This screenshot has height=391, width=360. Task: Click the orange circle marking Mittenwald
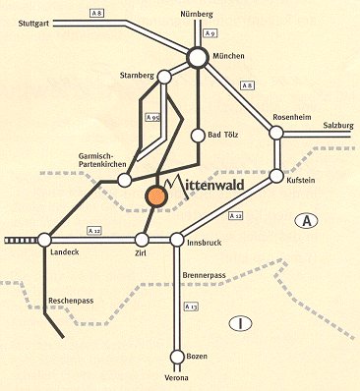point(157,195)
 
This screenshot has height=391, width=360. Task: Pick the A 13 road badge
point(193,307)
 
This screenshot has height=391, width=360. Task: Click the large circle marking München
point(198,58)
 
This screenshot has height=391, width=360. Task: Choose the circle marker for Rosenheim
point(277,133)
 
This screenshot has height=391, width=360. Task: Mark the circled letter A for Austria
point(308,224)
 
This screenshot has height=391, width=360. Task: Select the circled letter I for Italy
point(237,322)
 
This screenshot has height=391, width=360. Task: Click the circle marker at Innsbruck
point(178,239)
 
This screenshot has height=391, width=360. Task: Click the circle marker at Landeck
point(43,239)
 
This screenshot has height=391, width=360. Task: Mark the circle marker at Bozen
point(178,356)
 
